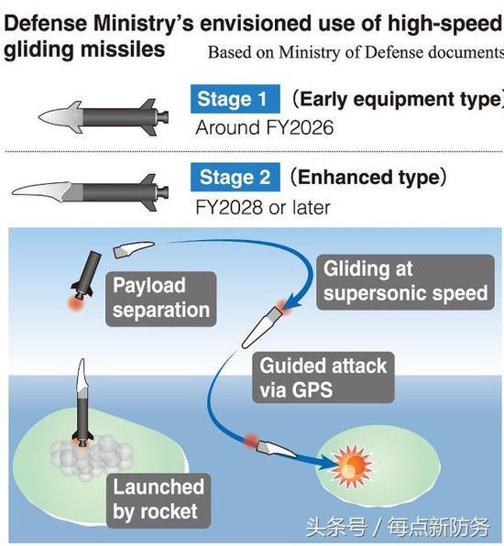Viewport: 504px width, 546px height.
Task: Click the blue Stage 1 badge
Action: pyautogui.click(x=236, y=99)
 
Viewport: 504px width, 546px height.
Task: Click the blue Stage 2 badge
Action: pyautogui.click(x=236, y=177)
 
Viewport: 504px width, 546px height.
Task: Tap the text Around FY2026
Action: pyautogui.click(x=264, y=127)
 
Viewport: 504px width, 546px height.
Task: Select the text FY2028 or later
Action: pyautogui.click(x=263, y=208)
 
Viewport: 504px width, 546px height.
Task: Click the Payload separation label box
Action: pyautogui.click(x=161, y=299)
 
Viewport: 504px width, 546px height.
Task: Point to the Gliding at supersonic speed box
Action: pyautogui.click(x=405, y=282)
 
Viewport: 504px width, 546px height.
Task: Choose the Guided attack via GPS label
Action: pyautogui.click(x=323, y=377)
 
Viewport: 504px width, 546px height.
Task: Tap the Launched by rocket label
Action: pyautogui.click(x=159, y=501)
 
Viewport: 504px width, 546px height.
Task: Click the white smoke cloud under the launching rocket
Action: pyautogui.click(x=92, y=457)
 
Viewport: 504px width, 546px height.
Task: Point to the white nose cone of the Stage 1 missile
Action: pyautogui.click(x=61, y=117)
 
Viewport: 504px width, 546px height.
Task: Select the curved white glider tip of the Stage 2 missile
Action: pyautogui.click(x=42, y=191)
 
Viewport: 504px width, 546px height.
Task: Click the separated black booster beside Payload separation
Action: pyautogui.click(x=85, y=275)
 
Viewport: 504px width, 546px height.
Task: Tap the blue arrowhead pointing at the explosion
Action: pyautogui.click(x=325, y=464)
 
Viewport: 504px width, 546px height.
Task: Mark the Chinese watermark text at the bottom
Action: pyautogui.click(x=398, y=527)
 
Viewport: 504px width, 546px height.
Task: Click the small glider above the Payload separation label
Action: pyautogui.click(x=134, y=249)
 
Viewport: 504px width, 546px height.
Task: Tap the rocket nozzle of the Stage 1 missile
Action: pyautogui.click(x=163, y=117)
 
